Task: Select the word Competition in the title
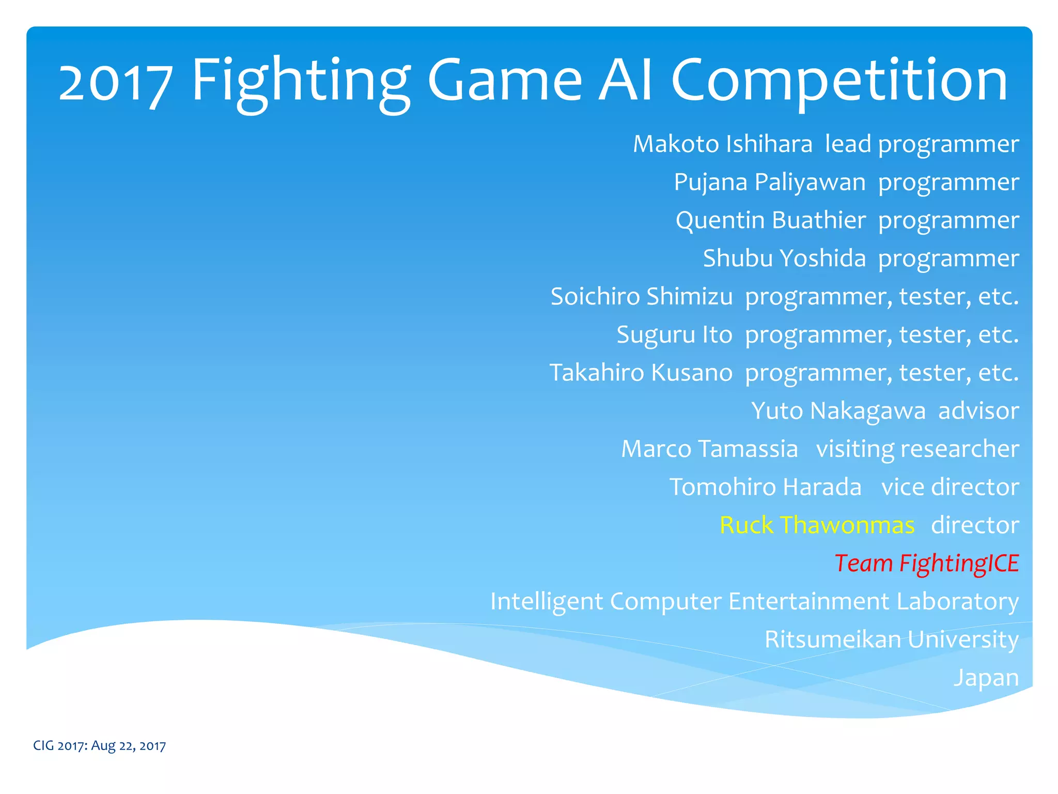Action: (x=839, y=82)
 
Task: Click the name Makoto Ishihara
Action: (x=722, y=144)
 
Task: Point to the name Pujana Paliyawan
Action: (x=769, y=182)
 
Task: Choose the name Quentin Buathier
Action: (x=770, y=220)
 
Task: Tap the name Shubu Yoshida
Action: (x=784, y=258)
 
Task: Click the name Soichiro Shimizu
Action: (x=641, y=296)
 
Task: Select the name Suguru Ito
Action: (x=674, y=334)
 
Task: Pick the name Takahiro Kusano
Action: (x=641, y=373)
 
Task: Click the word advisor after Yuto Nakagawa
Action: (x=978, y=411)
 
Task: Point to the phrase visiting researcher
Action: (x=917, y=449)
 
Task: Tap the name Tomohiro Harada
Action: (x=765, y=487)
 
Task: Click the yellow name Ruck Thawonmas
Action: (x=817, y=525)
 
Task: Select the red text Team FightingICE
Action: (x=926, y=563)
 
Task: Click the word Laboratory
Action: (x=957, y=601)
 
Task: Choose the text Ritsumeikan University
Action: (x=891, y=639)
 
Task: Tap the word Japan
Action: (x=986, y=678)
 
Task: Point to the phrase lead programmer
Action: (x=922, y=144)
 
